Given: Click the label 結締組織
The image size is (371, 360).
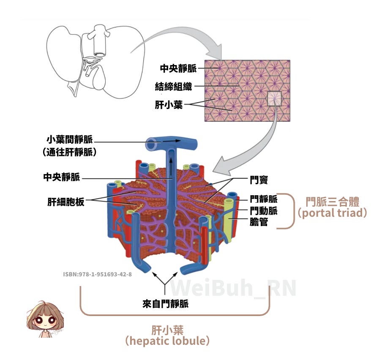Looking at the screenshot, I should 173,87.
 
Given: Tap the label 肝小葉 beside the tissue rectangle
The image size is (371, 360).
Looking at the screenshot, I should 169,104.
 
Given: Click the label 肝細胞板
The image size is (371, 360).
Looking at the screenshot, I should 65,202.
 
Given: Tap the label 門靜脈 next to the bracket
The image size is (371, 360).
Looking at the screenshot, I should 263,199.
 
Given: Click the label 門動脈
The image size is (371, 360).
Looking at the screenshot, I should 263,210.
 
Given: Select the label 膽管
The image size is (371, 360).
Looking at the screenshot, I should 259,221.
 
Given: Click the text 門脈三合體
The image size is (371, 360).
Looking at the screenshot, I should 332,200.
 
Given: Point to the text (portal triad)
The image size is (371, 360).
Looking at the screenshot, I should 332,213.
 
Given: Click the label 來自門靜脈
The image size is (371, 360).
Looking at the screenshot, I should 165,303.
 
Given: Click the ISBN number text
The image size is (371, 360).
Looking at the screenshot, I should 97,274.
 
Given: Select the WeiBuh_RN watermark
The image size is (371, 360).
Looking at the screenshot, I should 233,287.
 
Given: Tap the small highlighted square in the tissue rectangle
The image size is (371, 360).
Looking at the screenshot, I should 274,98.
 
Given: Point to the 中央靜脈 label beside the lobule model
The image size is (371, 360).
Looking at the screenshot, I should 61,177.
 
